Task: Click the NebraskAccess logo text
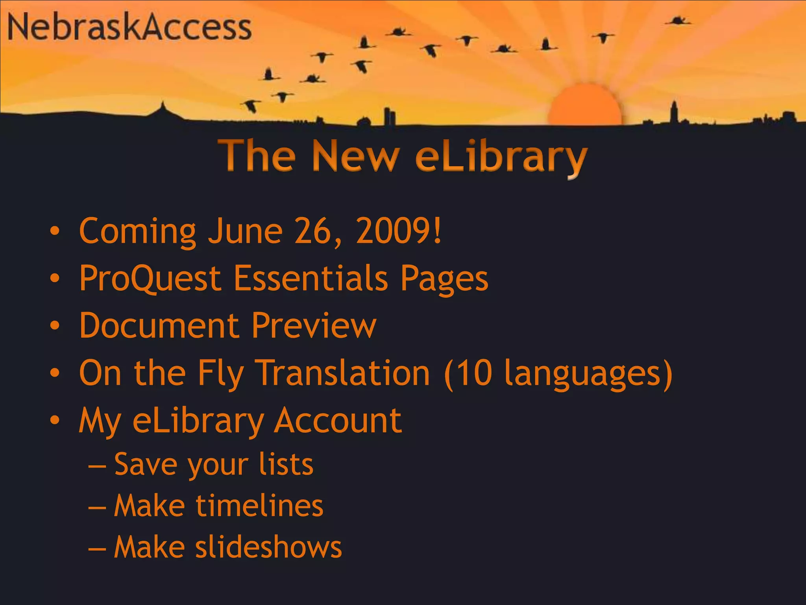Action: [129, 27]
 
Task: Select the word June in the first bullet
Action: [245, 231]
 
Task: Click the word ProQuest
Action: [150, 279]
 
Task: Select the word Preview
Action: [314, 326]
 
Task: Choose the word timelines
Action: [259, 506]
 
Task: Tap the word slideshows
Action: [269, 547]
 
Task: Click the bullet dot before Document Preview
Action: [55, 326]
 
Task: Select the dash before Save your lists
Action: [97, 466]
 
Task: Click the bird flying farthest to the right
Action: [678, 20]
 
